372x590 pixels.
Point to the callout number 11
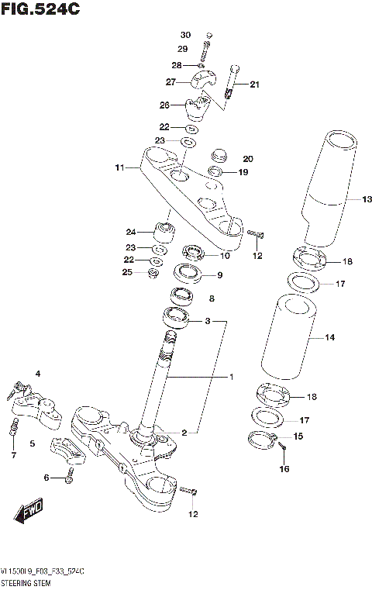point(119,167)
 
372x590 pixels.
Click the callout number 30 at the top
point(185,36)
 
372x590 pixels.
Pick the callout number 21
point(255,85)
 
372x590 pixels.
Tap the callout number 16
point(284,468)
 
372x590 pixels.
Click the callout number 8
point(212,298)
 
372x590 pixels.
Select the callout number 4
point(36,374)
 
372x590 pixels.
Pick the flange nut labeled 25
point(153,272)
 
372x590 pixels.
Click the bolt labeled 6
point(69,479)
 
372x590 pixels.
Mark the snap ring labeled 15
point(263,440)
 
